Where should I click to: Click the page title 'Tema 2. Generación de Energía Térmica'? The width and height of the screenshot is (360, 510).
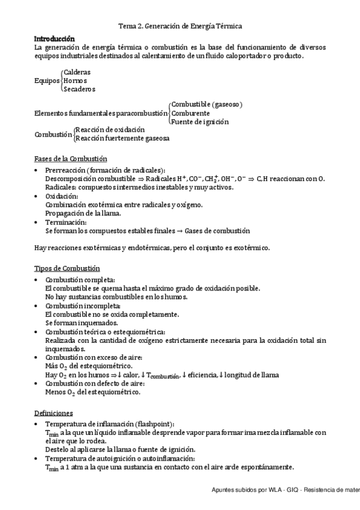[180, 26]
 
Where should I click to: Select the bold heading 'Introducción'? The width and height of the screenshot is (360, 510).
[54, 37]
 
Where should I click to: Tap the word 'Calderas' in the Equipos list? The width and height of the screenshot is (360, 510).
[77, 72]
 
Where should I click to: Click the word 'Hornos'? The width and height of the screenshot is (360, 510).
[75, 81]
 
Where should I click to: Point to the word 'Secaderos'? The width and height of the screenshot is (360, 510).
[79, 89]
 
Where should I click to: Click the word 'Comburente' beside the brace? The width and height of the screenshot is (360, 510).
[190, 112]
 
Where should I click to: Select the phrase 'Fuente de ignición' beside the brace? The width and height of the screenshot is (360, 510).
[200, 121]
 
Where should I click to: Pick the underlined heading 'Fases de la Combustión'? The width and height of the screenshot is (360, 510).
[70, 159]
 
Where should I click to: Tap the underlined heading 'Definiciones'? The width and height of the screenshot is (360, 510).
[53, 413]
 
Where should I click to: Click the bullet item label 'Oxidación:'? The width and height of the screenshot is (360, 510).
[61, 196]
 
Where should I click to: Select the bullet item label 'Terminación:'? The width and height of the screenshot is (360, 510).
[66, 222]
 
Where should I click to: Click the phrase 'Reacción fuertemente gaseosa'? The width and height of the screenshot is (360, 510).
[122, 138]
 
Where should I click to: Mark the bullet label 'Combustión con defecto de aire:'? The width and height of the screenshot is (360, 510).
[95, 383]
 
